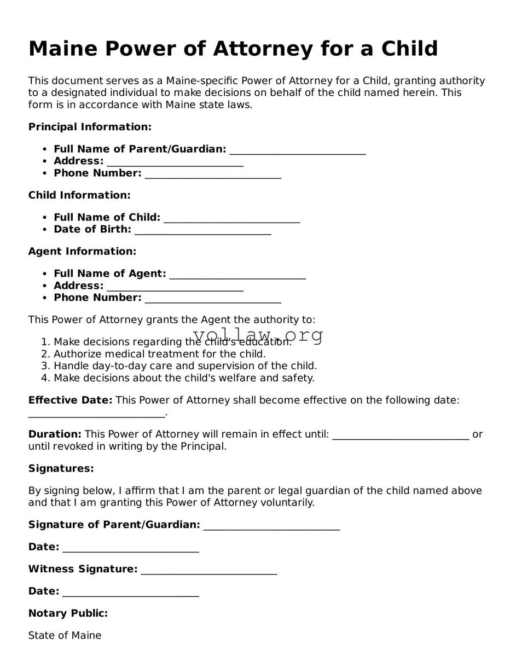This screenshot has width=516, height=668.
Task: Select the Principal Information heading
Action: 90,127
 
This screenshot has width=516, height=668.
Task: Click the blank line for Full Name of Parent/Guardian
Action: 297,150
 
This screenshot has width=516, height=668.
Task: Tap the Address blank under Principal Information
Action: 175,162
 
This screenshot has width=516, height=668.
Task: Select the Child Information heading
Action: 79,195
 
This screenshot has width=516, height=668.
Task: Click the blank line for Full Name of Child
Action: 231,219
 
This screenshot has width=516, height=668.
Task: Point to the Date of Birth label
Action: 92,229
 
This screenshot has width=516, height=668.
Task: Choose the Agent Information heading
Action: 82,252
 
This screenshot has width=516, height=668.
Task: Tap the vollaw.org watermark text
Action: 258,334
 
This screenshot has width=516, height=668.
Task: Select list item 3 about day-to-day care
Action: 185,366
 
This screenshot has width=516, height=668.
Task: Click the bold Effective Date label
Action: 70,400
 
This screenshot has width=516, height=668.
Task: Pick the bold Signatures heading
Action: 61,469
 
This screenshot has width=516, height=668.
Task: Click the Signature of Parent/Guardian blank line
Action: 271,526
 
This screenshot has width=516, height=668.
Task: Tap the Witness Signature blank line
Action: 208,571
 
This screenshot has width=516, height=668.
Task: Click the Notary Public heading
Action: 68,613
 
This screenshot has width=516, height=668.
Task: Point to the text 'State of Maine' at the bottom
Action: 65,636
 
